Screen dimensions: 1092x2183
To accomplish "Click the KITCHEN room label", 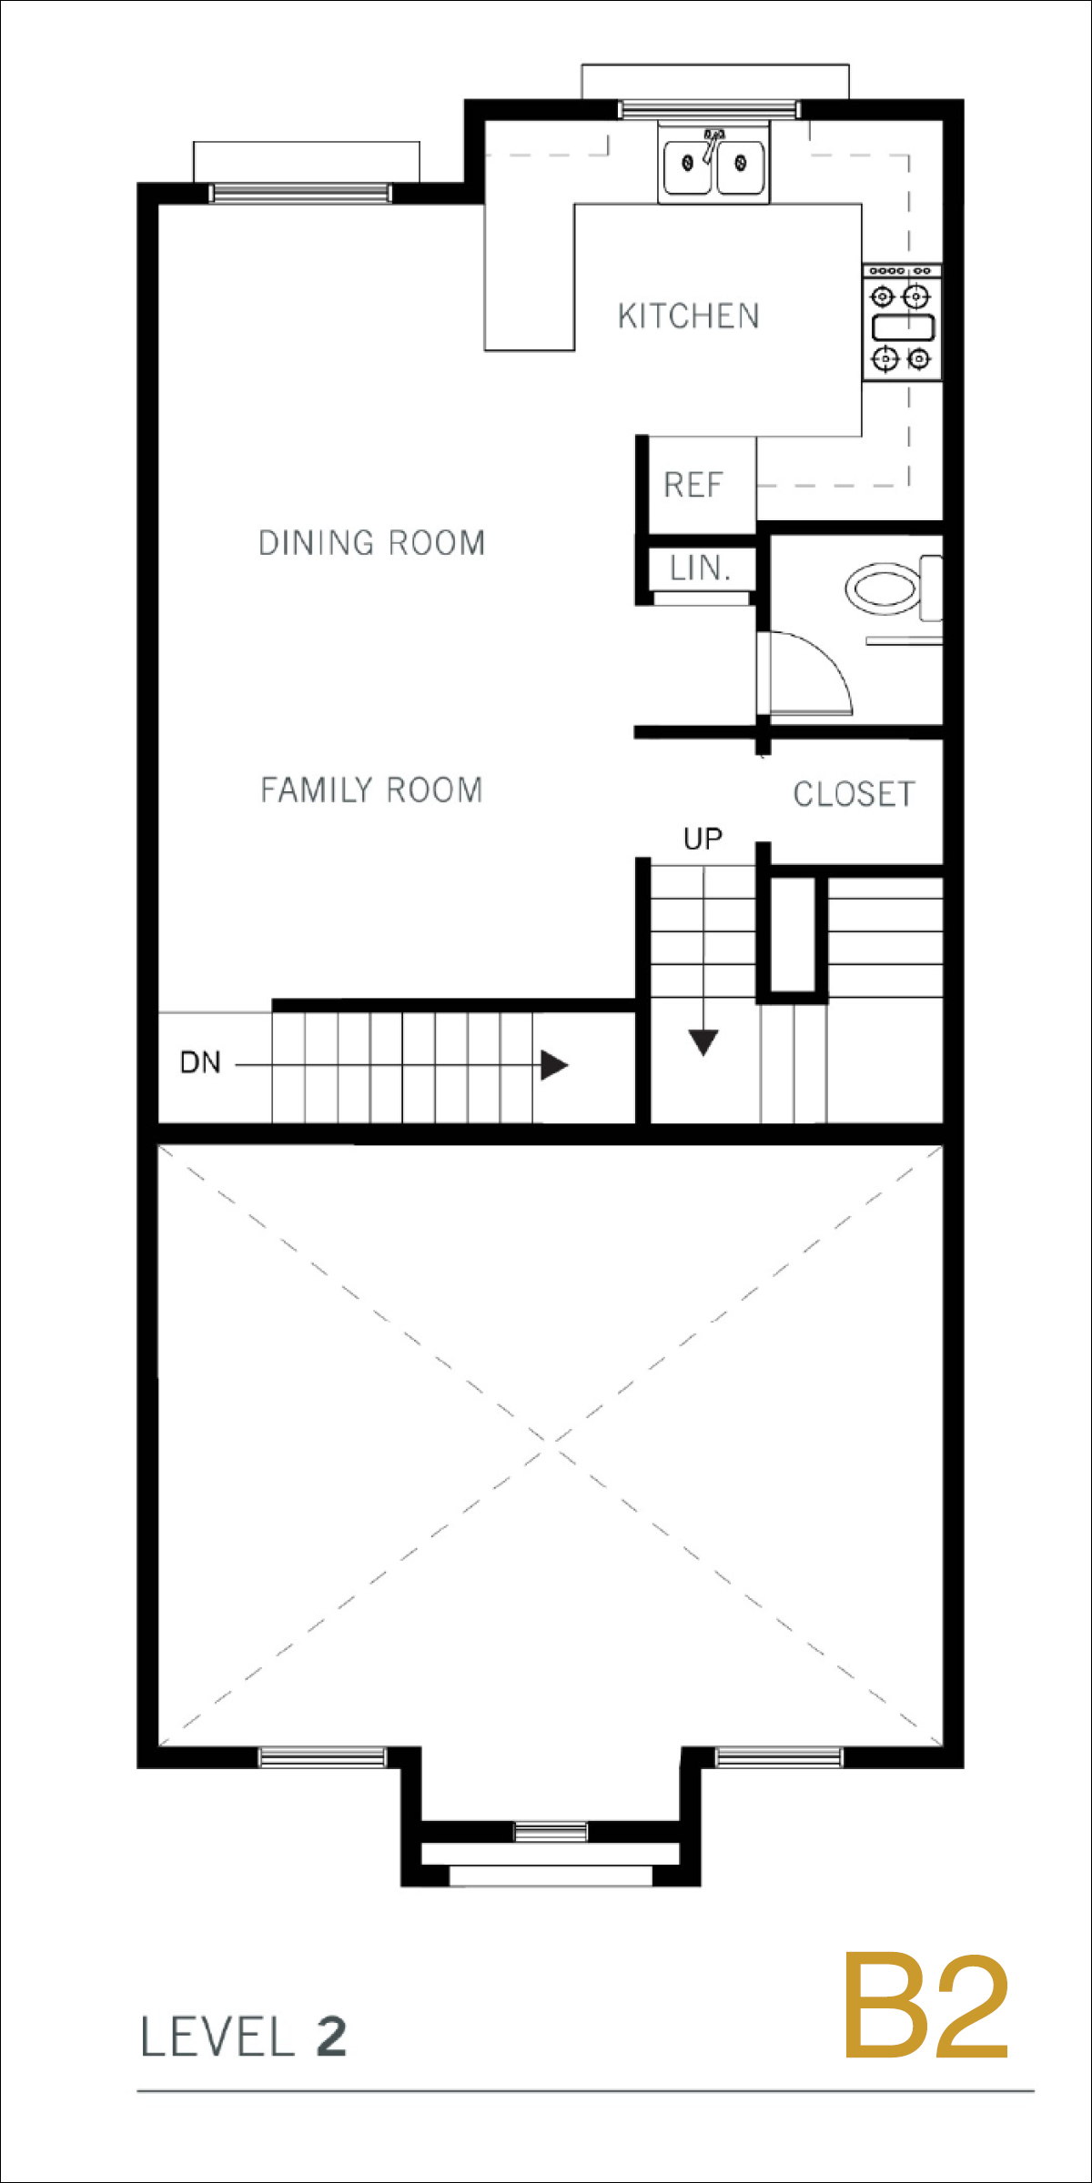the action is pos(688,316).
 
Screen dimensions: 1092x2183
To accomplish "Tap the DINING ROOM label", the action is pos(371,542).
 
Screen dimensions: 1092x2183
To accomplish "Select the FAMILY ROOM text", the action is pos(371,790).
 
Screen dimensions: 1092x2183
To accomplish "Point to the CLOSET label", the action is pos(854,794).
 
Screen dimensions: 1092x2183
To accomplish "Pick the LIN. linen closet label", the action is pos(700,568).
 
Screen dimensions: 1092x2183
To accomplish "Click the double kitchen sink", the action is pos(713,164).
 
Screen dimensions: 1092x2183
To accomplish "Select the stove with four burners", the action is pos(902,323).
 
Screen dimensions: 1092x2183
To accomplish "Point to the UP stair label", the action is pos(703,839).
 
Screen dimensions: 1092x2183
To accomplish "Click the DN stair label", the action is pos(200,1062).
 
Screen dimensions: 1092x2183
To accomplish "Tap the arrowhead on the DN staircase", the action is pos(554,1064).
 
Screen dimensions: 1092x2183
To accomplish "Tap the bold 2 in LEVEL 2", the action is pos(331,2037).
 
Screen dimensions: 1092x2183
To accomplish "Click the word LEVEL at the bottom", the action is pos(217,2037).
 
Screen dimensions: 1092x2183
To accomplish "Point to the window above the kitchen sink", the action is pos(709,110).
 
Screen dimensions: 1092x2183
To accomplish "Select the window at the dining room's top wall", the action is pos(300,193).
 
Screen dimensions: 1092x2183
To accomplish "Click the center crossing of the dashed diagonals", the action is pos(550,1444).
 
